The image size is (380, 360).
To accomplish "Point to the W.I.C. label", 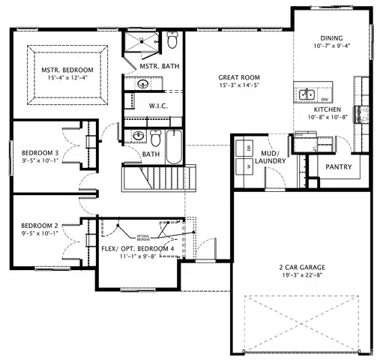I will [157, 106].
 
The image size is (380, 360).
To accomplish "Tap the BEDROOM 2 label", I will [39, 226].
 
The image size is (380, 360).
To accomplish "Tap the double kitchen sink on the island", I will [307, 94].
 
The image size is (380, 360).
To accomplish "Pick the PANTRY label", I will [339, 166].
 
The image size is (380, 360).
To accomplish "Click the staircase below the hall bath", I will [158, 179].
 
